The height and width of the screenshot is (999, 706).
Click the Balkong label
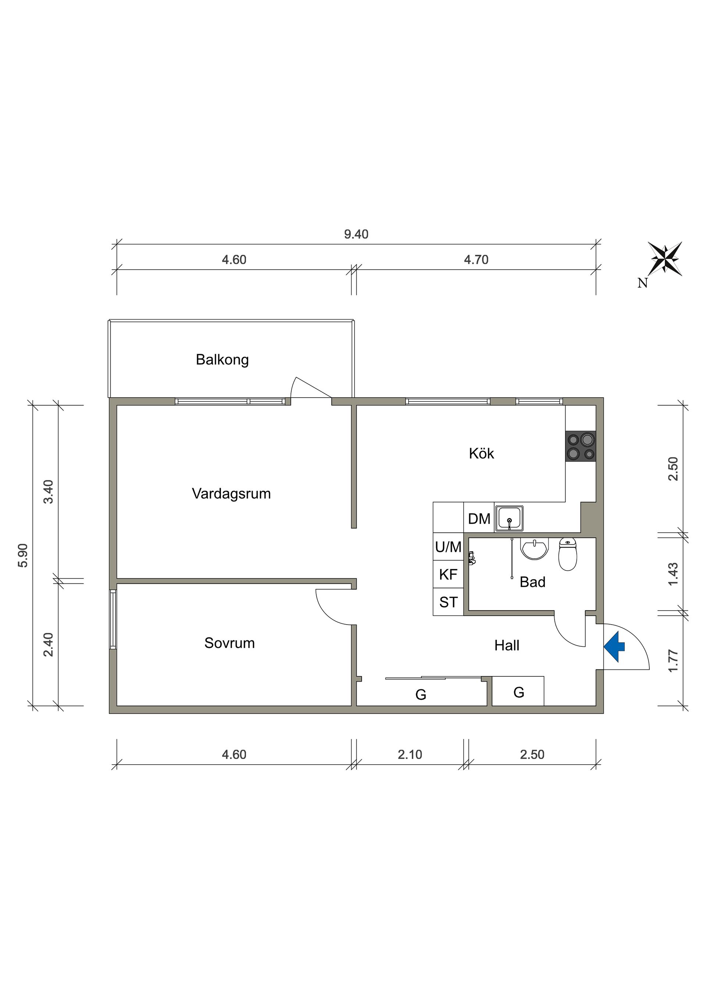point(222,360)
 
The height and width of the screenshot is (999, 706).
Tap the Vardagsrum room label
point(231,494)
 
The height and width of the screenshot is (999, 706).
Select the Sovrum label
point(230,643)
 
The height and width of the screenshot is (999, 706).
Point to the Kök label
point(482,454)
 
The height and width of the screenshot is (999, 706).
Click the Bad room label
point(532,582)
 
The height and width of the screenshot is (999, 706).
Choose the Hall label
point(507,645)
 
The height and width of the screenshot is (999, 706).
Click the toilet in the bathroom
point(568,554)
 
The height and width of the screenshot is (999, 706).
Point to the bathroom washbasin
point(535,549)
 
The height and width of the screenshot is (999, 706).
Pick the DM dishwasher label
point(479,519)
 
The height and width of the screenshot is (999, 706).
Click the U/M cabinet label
point(448,547)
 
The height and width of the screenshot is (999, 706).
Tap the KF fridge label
point(448,574)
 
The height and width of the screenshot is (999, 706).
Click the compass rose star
point(665,259)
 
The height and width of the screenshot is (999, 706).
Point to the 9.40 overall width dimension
point(356,234)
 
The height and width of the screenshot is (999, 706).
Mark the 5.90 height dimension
point(23,556)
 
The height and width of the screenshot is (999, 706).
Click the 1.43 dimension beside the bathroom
point(673,574)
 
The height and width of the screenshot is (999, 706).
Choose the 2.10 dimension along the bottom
point(410,754)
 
